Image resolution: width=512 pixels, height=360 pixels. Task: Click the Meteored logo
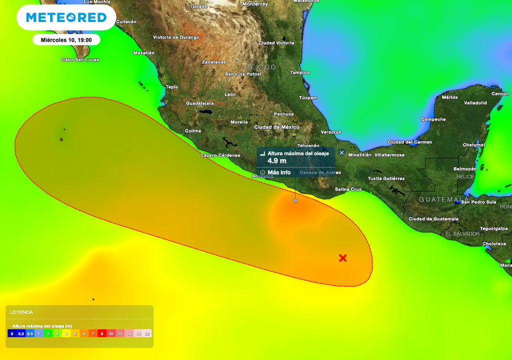66,17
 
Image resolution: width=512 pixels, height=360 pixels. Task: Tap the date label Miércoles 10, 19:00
66,40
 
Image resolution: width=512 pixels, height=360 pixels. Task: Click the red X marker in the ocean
342,258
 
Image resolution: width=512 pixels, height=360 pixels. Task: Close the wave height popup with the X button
342,152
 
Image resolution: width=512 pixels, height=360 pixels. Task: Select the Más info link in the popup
279,172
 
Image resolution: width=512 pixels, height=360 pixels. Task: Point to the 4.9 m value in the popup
277,160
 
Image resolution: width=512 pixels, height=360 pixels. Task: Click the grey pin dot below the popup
295,200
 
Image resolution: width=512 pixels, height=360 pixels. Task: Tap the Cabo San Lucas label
80,59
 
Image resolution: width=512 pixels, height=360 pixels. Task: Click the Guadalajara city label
200,103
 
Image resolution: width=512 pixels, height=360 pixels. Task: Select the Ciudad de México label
276,127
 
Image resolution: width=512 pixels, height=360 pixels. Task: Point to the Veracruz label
330,132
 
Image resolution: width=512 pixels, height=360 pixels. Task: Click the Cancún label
500,93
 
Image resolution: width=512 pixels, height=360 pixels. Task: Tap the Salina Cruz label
348,189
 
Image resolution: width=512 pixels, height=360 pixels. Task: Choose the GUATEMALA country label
438,199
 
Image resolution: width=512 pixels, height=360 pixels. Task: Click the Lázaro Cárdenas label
220,155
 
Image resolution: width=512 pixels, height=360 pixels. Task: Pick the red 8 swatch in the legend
101,333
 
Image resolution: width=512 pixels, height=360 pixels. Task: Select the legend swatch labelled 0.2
21,333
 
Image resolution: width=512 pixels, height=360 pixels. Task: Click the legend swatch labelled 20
147,333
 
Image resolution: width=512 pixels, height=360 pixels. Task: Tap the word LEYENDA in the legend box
21,312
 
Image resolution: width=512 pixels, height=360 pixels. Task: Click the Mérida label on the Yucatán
449,97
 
